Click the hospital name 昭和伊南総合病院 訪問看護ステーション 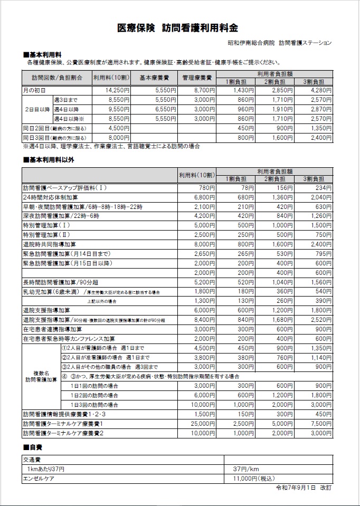[x=279, y=43]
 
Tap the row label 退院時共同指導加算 [x=52, y=244]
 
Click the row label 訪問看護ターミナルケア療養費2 [x=63, y=433]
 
